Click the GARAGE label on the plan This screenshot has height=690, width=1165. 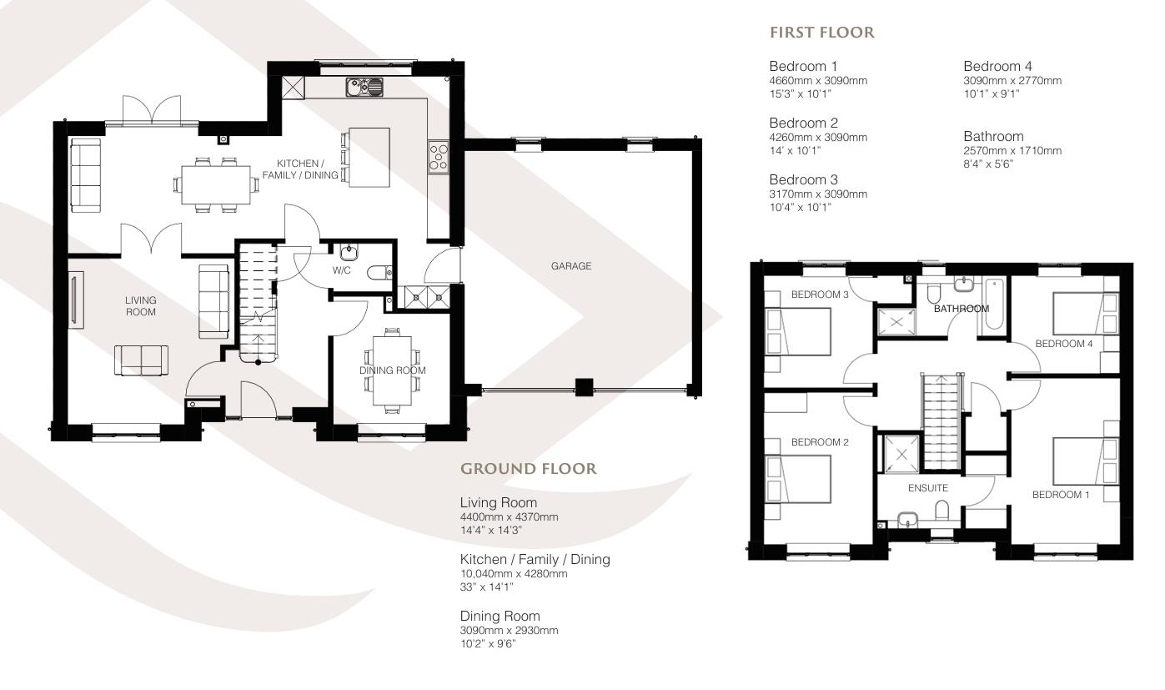(x=570, y=266)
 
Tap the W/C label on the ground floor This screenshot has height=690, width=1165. (x=342, y=270)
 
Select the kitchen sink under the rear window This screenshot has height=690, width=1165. (x=364, y=85)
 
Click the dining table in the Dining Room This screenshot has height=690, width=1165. (x=392, y=370)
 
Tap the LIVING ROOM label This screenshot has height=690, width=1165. (x=141, y=305)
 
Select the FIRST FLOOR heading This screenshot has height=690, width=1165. (x=821, y=33)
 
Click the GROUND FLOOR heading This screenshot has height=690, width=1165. (x=529, y=469)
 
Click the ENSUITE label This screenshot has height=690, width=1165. (x=928, y=488)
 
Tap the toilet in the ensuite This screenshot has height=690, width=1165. (x=941, y=509)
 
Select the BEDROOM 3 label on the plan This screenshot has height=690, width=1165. (x=820, y=295)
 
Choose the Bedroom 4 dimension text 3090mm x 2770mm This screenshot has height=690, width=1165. (x=1012, y=81)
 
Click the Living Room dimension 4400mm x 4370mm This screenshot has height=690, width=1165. (x=509, y=517)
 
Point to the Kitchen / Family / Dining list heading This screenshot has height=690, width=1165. (x=535, y=559)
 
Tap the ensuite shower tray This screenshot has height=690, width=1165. (x=899, y=455)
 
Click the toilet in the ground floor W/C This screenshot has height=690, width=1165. (x=379, y=271)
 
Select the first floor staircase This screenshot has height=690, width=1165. (x=942, y=412)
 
